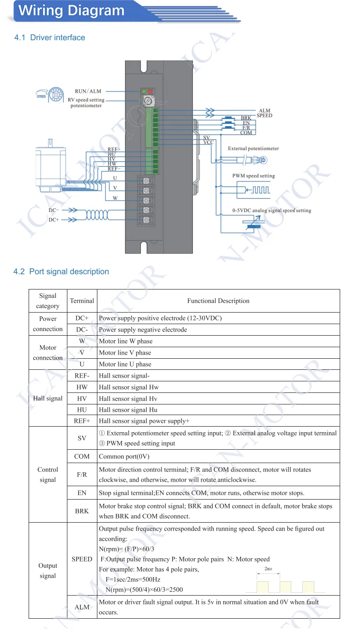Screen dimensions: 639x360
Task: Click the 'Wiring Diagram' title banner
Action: [x=72, y=11]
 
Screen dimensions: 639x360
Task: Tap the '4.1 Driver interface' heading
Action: [x=50, y=37]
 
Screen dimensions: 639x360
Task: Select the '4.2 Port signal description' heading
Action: [x=61, y=271]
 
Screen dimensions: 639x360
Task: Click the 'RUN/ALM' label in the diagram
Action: [x=88, y=91]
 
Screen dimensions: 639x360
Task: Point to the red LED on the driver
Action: [x=150, y=91]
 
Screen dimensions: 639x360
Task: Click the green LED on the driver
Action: [x=144, y=91]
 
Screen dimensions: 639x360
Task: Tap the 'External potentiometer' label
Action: [x=253, y=149]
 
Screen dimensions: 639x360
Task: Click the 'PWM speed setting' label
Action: [x=253, y=176]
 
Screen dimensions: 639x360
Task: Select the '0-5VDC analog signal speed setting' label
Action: [x=271, y=211]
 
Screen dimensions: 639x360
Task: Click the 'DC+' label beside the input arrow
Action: [x=54, y=220]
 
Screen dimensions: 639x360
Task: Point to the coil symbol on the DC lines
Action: [x=97, y=215]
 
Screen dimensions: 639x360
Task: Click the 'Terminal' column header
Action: [x=82, y=301]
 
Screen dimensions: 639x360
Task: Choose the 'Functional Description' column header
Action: [x=218, y=301]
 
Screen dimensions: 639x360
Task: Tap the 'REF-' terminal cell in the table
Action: [x=82, y=376]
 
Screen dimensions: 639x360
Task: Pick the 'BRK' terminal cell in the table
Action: [x=82, y=511]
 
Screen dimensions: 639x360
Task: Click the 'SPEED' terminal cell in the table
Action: [x=82, y=559]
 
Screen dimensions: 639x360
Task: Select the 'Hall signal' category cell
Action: [x=48, y=398]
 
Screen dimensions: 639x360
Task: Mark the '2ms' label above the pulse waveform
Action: [x=268, y=569]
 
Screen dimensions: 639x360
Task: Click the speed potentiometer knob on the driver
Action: [x=148, y=101]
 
